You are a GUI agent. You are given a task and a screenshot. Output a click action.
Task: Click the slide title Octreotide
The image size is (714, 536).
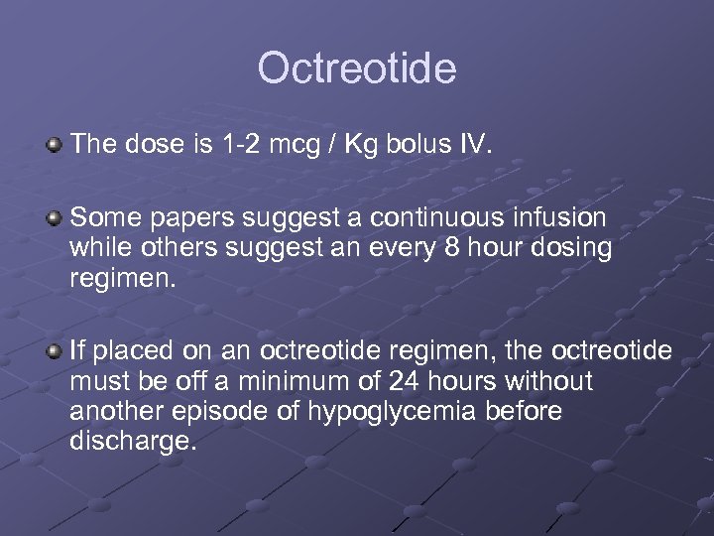pyautogui.click(x=357, y=69)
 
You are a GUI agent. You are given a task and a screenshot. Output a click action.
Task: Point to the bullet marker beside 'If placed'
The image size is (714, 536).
pyautogui.click(x=54, y=352)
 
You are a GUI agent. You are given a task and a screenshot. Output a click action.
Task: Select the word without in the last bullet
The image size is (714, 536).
pyautogui.click(x=548, y=382)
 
